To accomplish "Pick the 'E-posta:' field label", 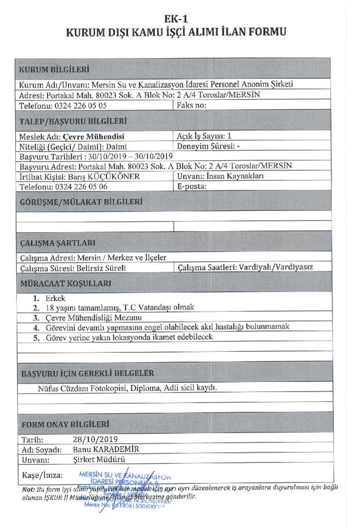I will tap(192, 186).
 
